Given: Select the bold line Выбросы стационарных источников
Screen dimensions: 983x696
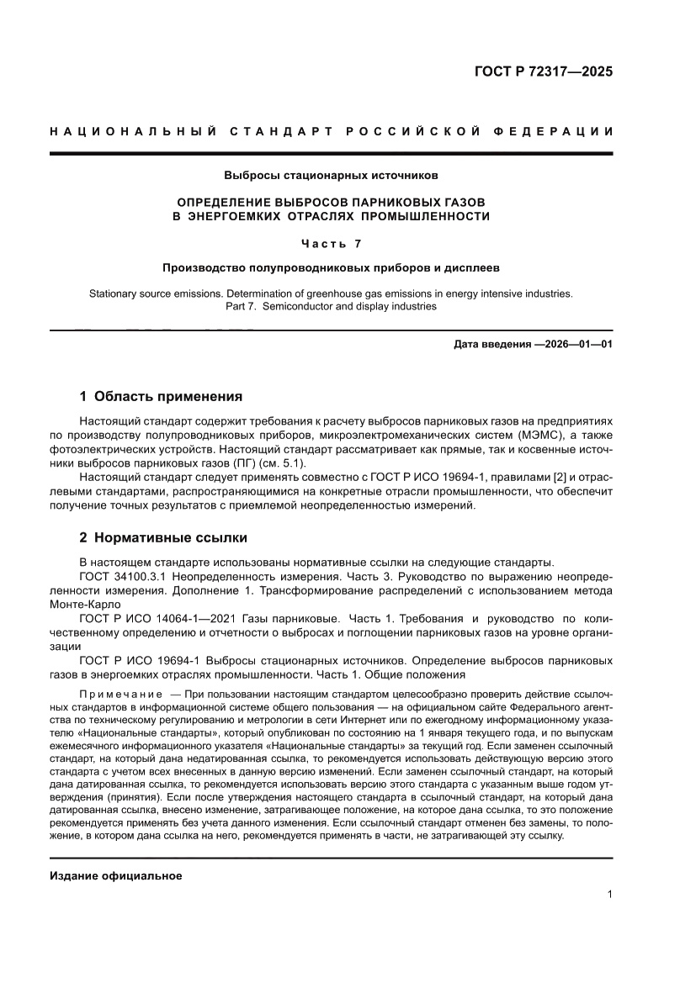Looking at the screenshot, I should coord(331,176).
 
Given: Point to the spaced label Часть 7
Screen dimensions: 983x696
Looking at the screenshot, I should coord(331,244).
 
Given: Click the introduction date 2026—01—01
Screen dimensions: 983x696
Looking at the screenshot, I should coord(574,344).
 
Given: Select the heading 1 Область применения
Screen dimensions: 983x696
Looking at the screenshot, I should coord(161,396).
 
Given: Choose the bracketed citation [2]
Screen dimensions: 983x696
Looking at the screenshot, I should coord(549,477).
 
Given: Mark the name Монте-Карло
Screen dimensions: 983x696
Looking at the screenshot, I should coord(86,604).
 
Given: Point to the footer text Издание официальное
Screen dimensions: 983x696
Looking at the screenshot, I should coord(116,876).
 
